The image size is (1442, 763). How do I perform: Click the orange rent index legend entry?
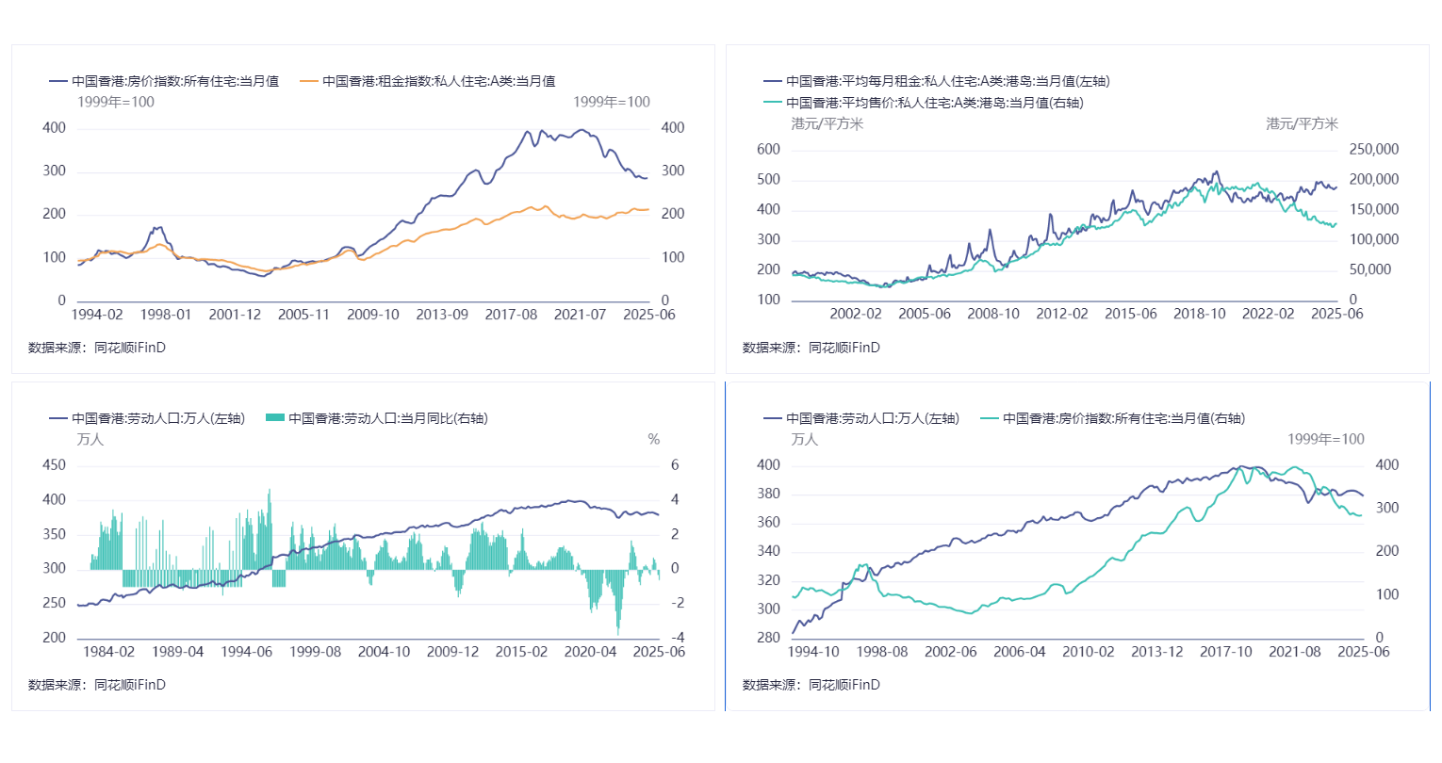[x=428, y=82]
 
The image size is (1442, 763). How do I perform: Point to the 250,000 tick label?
[x=1373, y=150]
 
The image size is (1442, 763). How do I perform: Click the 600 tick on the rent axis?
[x=768, y=150]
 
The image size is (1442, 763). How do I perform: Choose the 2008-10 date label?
[x=992, y=315]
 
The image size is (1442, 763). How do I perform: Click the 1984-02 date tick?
[x=109, y=652]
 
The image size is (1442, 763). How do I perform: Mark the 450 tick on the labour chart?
[x=55, y=465]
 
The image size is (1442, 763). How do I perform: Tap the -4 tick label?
[x=677, y=638]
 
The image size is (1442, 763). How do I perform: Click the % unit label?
[x=654, y=440]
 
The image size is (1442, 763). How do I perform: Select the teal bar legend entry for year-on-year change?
[x=377, y=418]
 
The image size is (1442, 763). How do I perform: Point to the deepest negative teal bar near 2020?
[x=618, y=632]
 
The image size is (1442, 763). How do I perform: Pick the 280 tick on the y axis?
[x=768, y=638]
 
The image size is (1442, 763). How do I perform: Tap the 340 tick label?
[x=768, y=552]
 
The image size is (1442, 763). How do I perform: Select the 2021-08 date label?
[x=1294, y=652]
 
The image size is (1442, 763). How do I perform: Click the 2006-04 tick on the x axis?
[x=1019, y=652]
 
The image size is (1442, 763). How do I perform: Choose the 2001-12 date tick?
[x=235, y=315]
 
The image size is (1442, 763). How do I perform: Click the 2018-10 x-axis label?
[x=1199, y=315]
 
